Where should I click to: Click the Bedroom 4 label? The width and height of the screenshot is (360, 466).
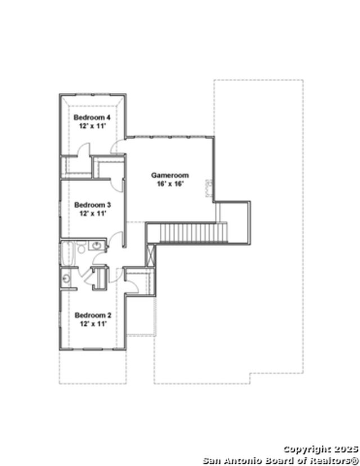pos(92,118)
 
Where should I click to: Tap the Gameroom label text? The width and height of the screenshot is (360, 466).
pos(170,176)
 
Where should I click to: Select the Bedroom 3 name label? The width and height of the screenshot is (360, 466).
pos(92,205)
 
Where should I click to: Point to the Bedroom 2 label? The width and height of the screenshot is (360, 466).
pos(93,315)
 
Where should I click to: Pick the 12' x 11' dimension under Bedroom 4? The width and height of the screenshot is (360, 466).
pos(92,126)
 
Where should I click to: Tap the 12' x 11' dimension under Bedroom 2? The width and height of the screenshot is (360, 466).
pos(93,324)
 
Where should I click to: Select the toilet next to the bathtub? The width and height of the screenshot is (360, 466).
pos(81,247)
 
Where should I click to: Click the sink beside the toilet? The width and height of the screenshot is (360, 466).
pos(96,245)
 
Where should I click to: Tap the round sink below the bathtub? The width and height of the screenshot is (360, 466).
pos(66,279)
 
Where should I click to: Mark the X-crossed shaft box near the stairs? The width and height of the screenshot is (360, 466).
pos(151,256)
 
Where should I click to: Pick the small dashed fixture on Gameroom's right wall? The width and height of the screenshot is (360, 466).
pos(209,188)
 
